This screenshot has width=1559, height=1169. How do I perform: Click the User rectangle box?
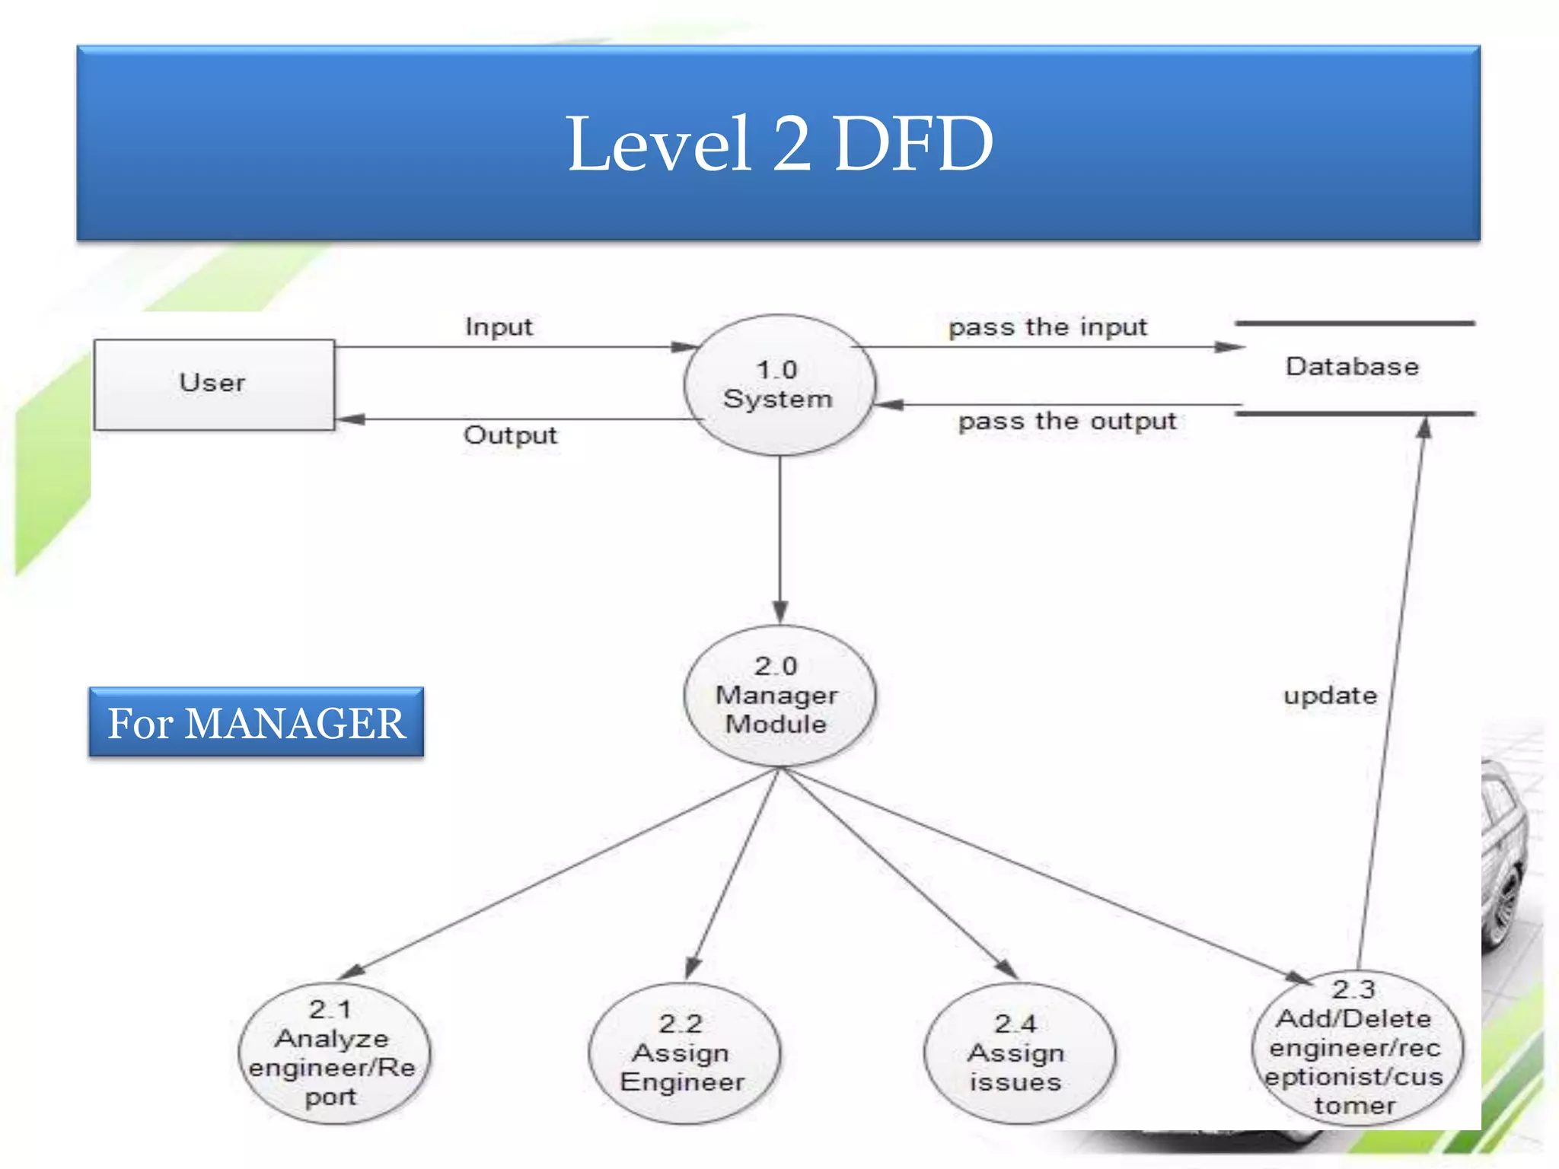tap(213, 384)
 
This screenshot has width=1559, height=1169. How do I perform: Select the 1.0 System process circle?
tap(778, 385)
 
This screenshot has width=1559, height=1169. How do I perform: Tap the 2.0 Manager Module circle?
tap(778, 695)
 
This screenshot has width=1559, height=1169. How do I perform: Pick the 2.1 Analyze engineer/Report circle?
tap(333, 1053)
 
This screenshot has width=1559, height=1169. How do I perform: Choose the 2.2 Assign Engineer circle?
tap(683, 1053)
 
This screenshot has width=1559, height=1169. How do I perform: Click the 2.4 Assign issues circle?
tap(1017, 1053)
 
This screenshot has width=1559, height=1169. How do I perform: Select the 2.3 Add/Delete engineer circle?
tap(1356, 1048)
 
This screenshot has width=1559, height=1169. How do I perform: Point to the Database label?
tap(1352, 367)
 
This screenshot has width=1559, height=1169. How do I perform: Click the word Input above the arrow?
tap(499, 327)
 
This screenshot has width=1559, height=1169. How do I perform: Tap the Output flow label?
tap(510, 435)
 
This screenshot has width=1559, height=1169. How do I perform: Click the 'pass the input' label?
tap(1047, 327)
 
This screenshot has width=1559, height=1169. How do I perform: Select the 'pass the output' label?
tap(1067, 421)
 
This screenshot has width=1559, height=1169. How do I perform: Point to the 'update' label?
tap(1330, 696)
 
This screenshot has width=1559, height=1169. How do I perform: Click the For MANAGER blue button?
tap(256, 722)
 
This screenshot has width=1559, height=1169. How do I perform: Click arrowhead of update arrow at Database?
tap(1424, 428)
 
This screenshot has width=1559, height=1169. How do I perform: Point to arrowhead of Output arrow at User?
tap(350, 419)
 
